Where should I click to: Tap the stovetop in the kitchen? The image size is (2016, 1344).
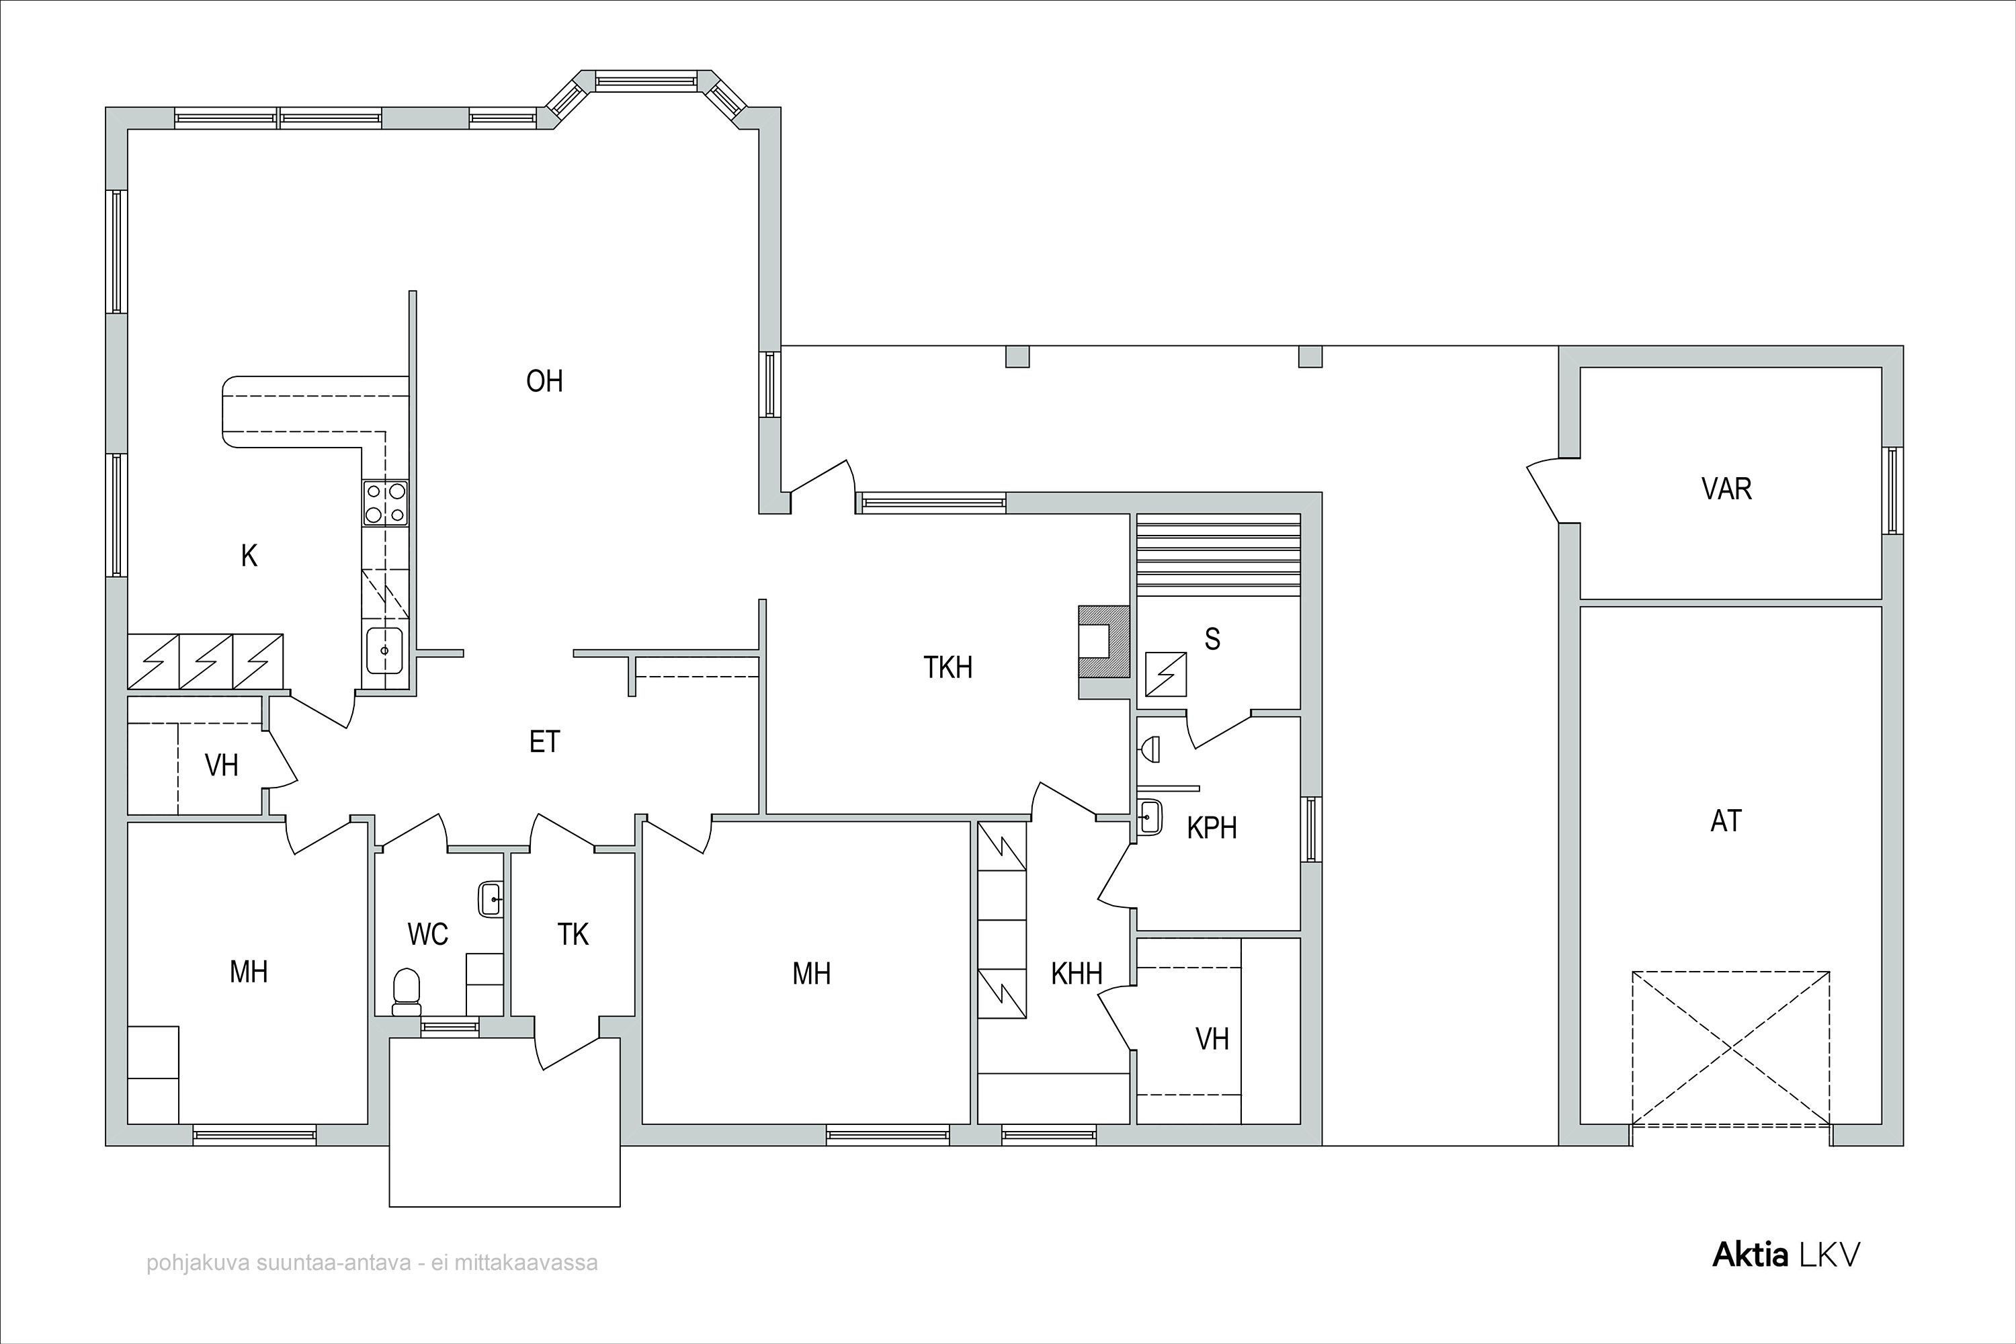click(x=385, y=503)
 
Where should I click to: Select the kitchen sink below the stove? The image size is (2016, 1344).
click(x=385, y=650)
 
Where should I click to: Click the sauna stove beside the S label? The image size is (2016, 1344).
click(x=1167, y=674)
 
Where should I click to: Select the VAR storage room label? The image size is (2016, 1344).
click(x=1726, y=489)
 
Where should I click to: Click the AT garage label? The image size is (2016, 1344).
click(x=1726, y=821)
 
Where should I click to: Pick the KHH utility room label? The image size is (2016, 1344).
click(x=1077, y=974)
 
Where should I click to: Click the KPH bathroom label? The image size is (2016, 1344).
click(x=1212, y=828)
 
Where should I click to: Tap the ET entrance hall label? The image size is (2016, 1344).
click(x=544, y=741)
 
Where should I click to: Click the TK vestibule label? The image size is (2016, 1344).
click(x=573, y=934)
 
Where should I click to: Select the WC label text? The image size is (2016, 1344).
click(x=427, y=934)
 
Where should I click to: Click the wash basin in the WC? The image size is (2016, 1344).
click(x=491, y=899)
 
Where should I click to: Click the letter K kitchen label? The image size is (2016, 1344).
click(x=249, y=556)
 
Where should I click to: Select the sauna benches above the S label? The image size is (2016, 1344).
click(x=1218, y=554)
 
